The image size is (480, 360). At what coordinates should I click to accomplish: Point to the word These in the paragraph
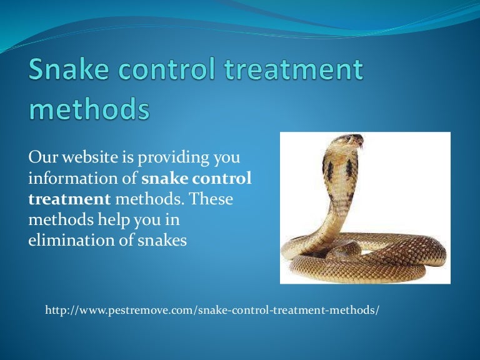pyautogui.click(x=211, y=199)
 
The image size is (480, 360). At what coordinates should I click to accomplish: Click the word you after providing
pyautogui.click(x=228, y=157)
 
